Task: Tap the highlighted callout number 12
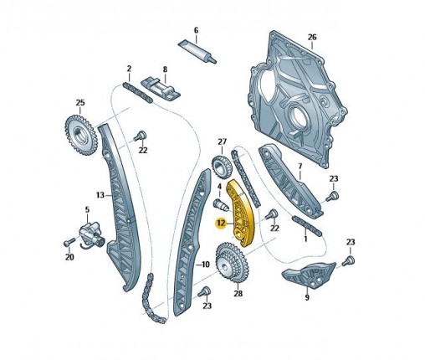221,224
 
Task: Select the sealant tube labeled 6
197,50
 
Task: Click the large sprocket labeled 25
81,136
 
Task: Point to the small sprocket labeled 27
222,167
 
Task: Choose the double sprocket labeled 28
233,262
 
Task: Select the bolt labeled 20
69,242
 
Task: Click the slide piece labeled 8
161,90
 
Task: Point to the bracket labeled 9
308,275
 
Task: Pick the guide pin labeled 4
221,206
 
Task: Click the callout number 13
100,195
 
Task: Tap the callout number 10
206,264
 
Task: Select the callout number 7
300,167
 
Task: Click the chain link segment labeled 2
138,93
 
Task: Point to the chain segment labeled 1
307,226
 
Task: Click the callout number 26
312,37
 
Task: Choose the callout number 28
238,293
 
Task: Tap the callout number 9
307,298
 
